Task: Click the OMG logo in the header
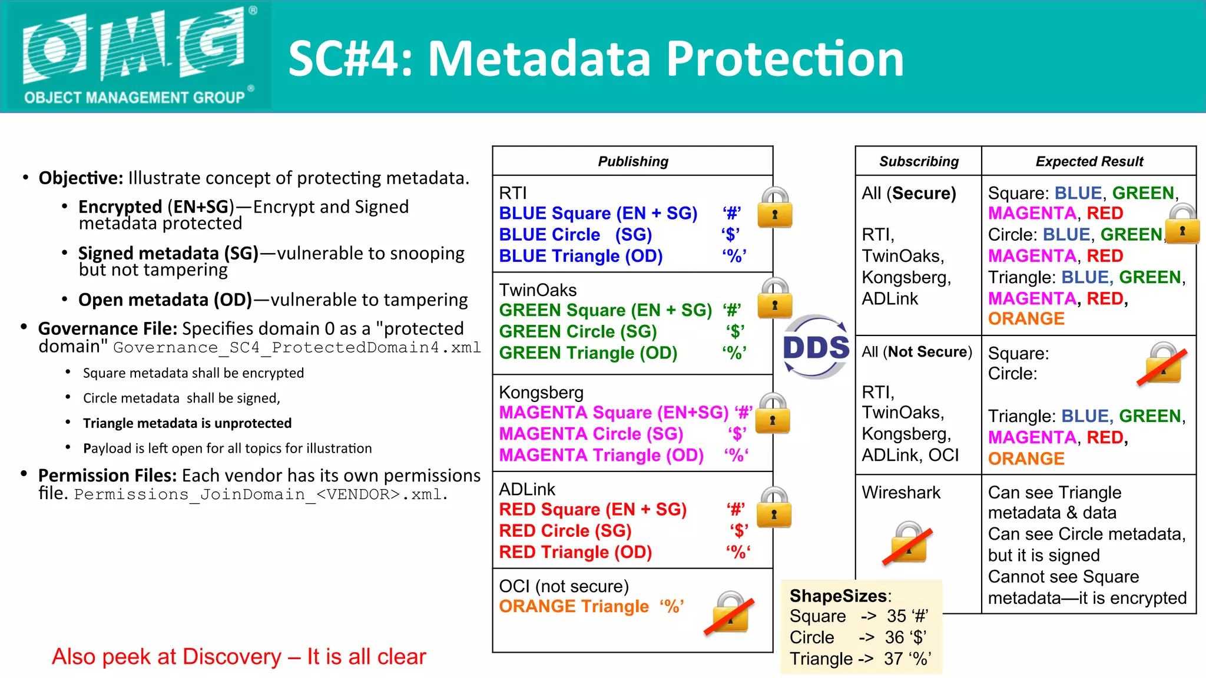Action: [136, 55]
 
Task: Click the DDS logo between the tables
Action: [816, 347]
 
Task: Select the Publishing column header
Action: [633, 161]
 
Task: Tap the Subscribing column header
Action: [919, 161]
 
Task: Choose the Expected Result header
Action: [1089, 161]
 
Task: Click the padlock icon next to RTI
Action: [775, 208]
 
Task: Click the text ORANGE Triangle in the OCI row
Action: [574, 606]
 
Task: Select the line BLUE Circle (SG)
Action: [575, 235]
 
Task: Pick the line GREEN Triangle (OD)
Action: [588, 353]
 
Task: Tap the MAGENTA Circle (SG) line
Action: [591, 434]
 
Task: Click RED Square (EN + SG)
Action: [592, 509]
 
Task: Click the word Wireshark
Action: [901, 493]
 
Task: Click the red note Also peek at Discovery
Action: [238, 657]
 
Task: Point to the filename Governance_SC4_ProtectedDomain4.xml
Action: [297, 348]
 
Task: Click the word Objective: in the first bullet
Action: [81, 178]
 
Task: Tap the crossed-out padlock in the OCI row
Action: [730, 613]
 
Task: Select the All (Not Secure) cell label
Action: [917, 352]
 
